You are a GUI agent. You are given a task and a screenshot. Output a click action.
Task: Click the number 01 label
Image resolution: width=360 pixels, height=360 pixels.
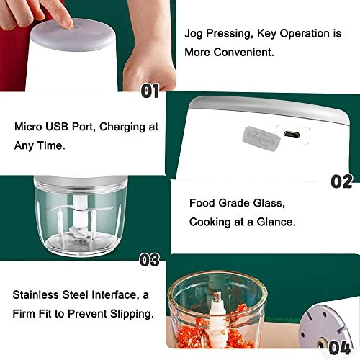150,91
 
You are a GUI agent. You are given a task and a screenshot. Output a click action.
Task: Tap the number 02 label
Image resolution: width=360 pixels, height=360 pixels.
342,181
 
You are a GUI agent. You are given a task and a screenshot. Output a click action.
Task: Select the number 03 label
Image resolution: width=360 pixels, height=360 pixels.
150,260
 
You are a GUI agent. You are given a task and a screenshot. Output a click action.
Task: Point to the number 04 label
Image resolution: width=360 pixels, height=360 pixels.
340,347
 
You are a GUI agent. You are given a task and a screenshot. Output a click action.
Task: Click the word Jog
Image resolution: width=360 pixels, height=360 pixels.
194,34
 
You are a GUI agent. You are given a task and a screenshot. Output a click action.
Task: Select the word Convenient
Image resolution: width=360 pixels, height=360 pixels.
243,52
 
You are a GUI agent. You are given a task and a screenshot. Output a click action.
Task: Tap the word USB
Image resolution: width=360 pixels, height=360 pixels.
57,127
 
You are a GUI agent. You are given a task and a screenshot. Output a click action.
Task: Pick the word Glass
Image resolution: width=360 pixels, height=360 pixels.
269,203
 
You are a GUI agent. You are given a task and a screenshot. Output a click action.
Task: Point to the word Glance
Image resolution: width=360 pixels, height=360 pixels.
276,222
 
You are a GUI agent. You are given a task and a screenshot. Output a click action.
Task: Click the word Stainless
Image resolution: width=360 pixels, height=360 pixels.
35,294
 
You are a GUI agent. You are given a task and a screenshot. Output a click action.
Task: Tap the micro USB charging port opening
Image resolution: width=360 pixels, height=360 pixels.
292,134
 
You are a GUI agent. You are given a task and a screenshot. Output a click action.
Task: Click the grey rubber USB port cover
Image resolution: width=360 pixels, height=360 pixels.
261,139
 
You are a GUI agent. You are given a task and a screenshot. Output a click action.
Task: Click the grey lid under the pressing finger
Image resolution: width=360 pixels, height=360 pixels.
73,36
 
